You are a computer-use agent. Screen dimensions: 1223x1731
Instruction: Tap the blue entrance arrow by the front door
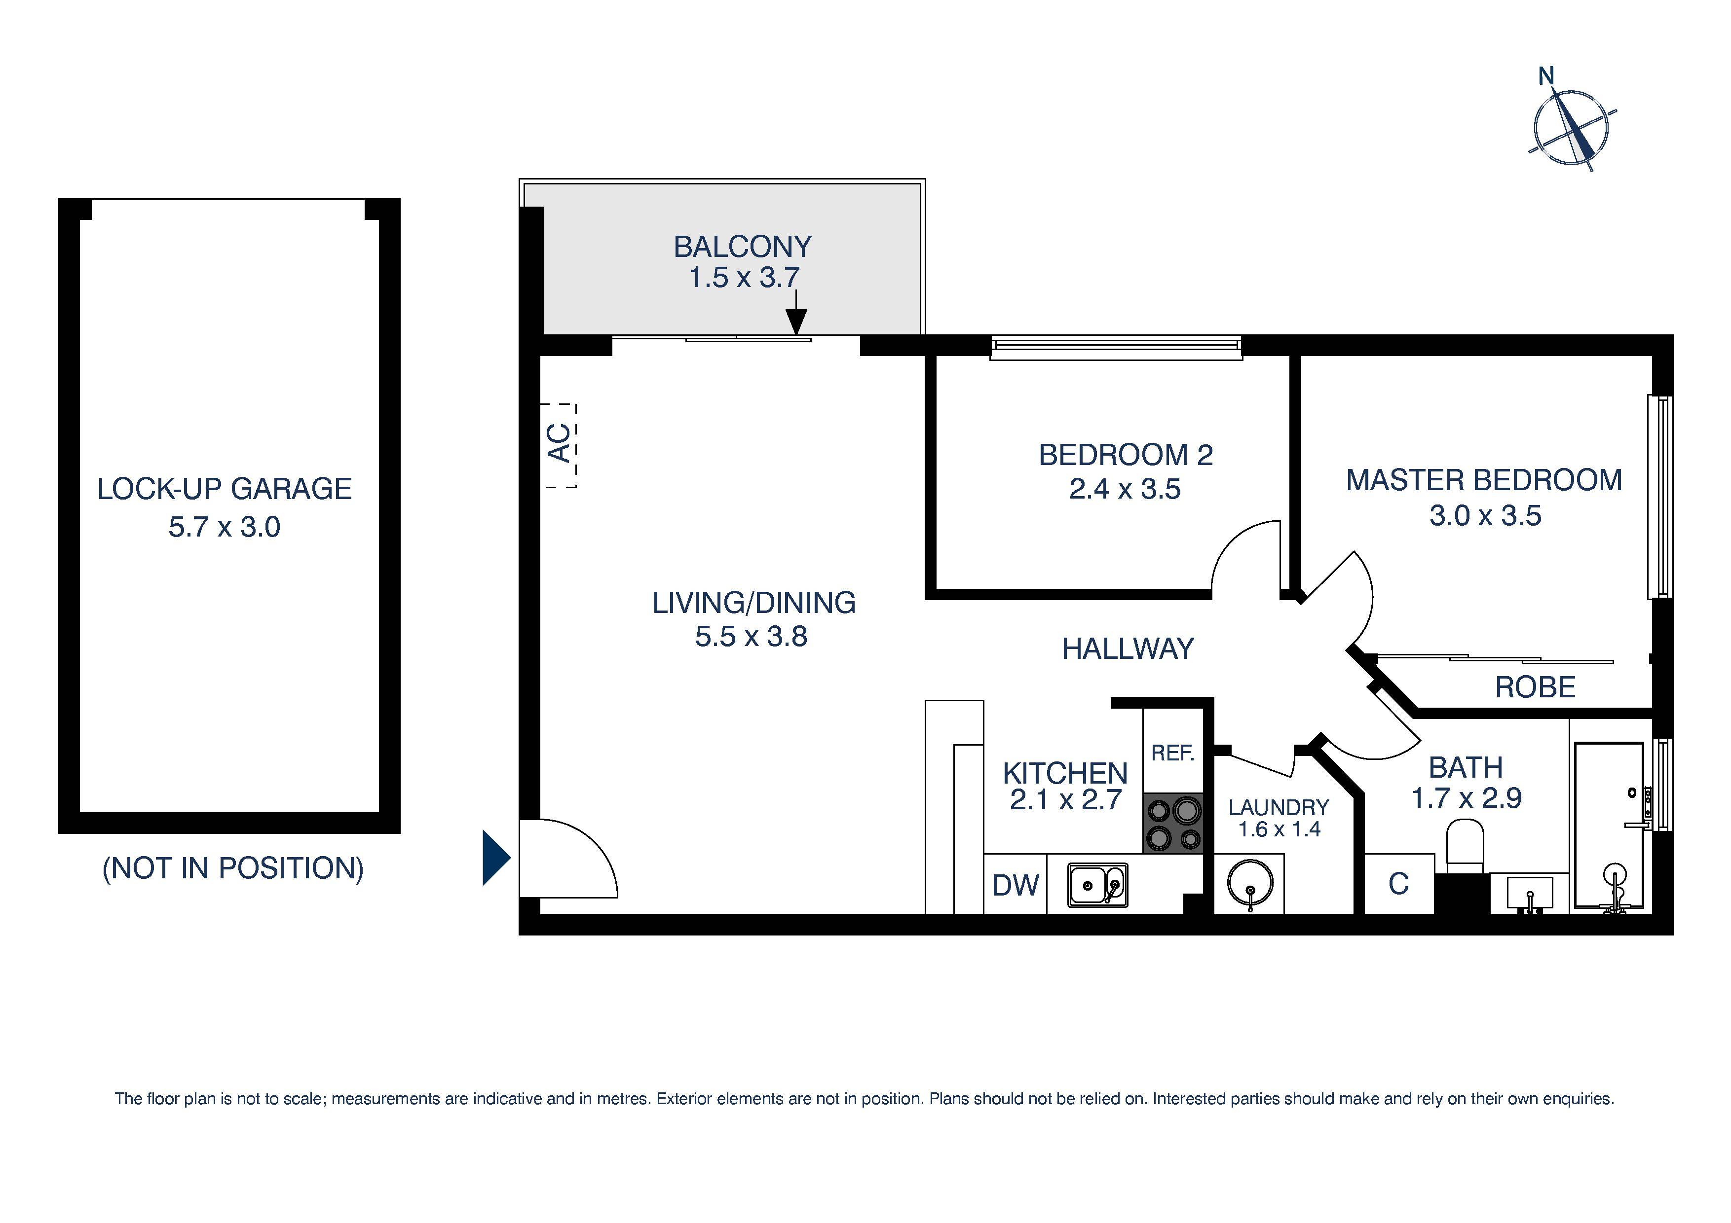coord(495,858)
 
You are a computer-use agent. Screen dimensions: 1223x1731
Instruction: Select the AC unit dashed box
coord(560,445)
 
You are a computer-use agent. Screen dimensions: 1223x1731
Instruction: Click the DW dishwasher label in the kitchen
coord(1015,885)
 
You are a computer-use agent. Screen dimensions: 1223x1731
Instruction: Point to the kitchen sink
coord(1097,885)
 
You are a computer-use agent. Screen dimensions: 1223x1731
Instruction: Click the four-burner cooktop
coord(1172,824)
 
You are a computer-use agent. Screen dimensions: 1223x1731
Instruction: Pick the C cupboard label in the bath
coord(1398,884)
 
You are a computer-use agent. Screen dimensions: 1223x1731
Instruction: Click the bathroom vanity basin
coord(1529,893)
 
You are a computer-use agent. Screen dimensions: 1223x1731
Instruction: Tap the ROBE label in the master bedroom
coord(1535,687)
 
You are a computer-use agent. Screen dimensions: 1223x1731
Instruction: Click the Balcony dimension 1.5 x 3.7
coord(743,277)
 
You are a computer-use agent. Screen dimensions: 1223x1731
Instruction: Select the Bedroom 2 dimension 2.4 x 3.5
coord(1124,489)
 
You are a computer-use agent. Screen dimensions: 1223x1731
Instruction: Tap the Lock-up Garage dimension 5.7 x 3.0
coord(224,527)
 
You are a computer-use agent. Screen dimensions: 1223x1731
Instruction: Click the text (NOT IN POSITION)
coord(232,868)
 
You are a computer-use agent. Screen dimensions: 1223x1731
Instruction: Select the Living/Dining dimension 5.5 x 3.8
coord(751,637)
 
